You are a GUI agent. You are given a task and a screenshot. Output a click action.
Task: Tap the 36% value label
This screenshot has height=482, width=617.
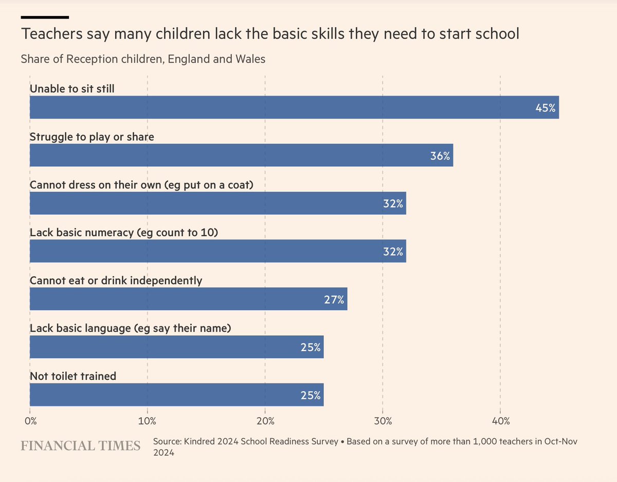point(440,156)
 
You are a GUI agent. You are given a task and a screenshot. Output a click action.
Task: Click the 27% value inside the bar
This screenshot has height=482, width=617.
point(334,300)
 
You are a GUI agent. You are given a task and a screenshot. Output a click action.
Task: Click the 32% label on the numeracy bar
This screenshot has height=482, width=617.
point(393,252)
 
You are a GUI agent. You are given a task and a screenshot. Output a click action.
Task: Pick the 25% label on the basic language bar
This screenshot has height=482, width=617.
point(311,348)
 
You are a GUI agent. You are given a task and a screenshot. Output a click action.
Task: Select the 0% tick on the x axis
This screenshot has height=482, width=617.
point(30,422)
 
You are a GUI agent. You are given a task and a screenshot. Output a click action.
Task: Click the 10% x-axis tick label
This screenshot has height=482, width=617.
point(148,422)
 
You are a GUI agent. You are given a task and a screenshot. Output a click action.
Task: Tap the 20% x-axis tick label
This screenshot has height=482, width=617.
point(265,422)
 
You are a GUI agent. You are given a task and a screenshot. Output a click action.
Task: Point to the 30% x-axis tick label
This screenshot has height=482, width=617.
point(383,422)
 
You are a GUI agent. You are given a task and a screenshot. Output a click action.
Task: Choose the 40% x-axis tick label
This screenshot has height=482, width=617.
point(501,422)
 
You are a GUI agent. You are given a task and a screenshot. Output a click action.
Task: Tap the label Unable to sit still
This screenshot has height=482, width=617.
point(72,89)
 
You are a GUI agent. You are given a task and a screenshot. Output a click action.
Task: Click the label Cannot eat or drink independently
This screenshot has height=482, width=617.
point(116,281)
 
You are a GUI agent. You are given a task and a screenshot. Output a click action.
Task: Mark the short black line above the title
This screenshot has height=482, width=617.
point(45,17)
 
